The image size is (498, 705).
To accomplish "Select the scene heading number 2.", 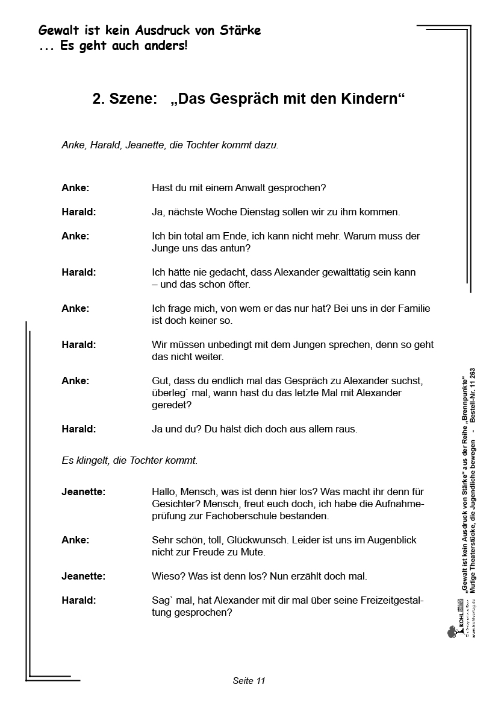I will [x=98, y=100].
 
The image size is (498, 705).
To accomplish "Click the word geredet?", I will [x=172, y=405].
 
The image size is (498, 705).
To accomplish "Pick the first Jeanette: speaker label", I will [x=83, y=492].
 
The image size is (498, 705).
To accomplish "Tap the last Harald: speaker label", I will [x=78, y=600].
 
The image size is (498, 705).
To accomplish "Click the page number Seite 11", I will [x=249, y=681].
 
